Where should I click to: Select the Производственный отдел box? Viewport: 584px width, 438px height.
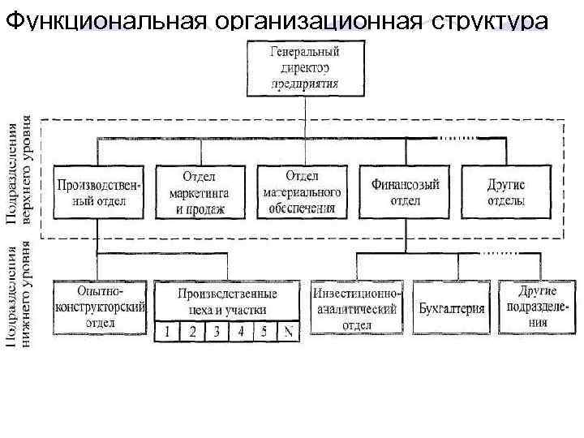(x=98, y=192)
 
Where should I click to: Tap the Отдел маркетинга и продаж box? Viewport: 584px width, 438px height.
(x=199, y=192)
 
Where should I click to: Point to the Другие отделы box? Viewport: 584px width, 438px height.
(x=505, y=192)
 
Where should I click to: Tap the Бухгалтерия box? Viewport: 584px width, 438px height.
(x=452, y=308)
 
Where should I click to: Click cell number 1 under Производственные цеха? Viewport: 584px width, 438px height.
(x=167, y=332)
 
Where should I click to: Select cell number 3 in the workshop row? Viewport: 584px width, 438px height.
(x=217, y=332)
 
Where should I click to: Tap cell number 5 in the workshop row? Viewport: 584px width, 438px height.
(x=264, y=332)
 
